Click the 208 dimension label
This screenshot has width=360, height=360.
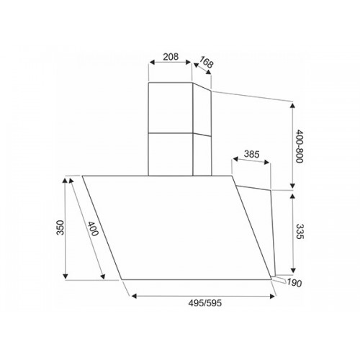(x=171, y=57)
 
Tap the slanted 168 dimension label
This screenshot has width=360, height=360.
(x=206, y=62)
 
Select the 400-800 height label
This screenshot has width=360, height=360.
(x=300, y=146)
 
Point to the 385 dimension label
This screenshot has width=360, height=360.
(x=251, y=154)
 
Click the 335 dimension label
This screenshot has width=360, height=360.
(x=300, y=231)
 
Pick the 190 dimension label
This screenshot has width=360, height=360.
(x=294, y=283)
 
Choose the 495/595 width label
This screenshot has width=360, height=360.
(x=204, y=303)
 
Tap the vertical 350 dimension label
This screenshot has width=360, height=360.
(x=60, y=228)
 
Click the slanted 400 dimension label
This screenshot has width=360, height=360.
(x=93, y=228)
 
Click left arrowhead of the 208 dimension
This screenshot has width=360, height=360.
(x=152, y=62)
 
